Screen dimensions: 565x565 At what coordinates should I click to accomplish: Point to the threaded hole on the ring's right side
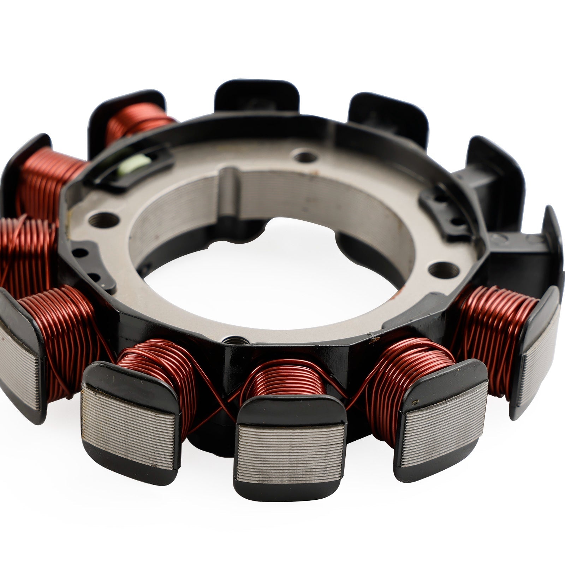pos(440,269)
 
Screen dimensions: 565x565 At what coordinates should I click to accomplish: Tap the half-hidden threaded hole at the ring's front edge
pos(231,342)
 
